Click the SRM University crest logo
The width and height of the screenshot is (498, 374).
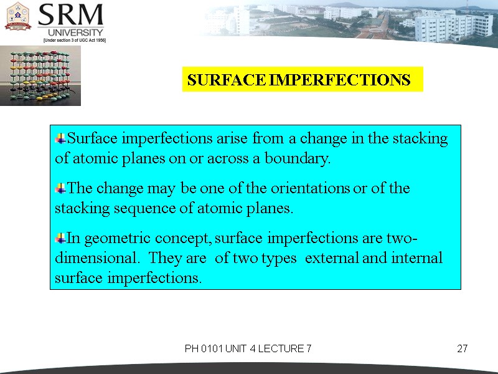pos(18,16)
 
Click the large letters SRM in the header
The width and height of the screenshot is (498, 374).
pos(70,15)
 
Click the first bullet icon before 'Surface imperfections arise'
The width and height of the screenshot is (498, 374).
pos(60,138)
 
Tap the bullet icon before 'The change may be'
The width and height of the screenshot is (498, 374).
pos(60,188)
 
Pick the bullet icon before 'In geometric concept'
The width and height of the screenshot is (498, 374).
pos(60,237)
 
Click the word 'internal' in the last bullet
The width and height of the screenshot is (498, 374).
pos(415,258)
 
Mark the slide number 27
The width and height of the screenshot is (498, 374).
pos(462,348)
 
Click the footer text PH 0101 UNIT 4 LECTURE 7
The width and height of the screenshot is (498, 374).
pos(248,348)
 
